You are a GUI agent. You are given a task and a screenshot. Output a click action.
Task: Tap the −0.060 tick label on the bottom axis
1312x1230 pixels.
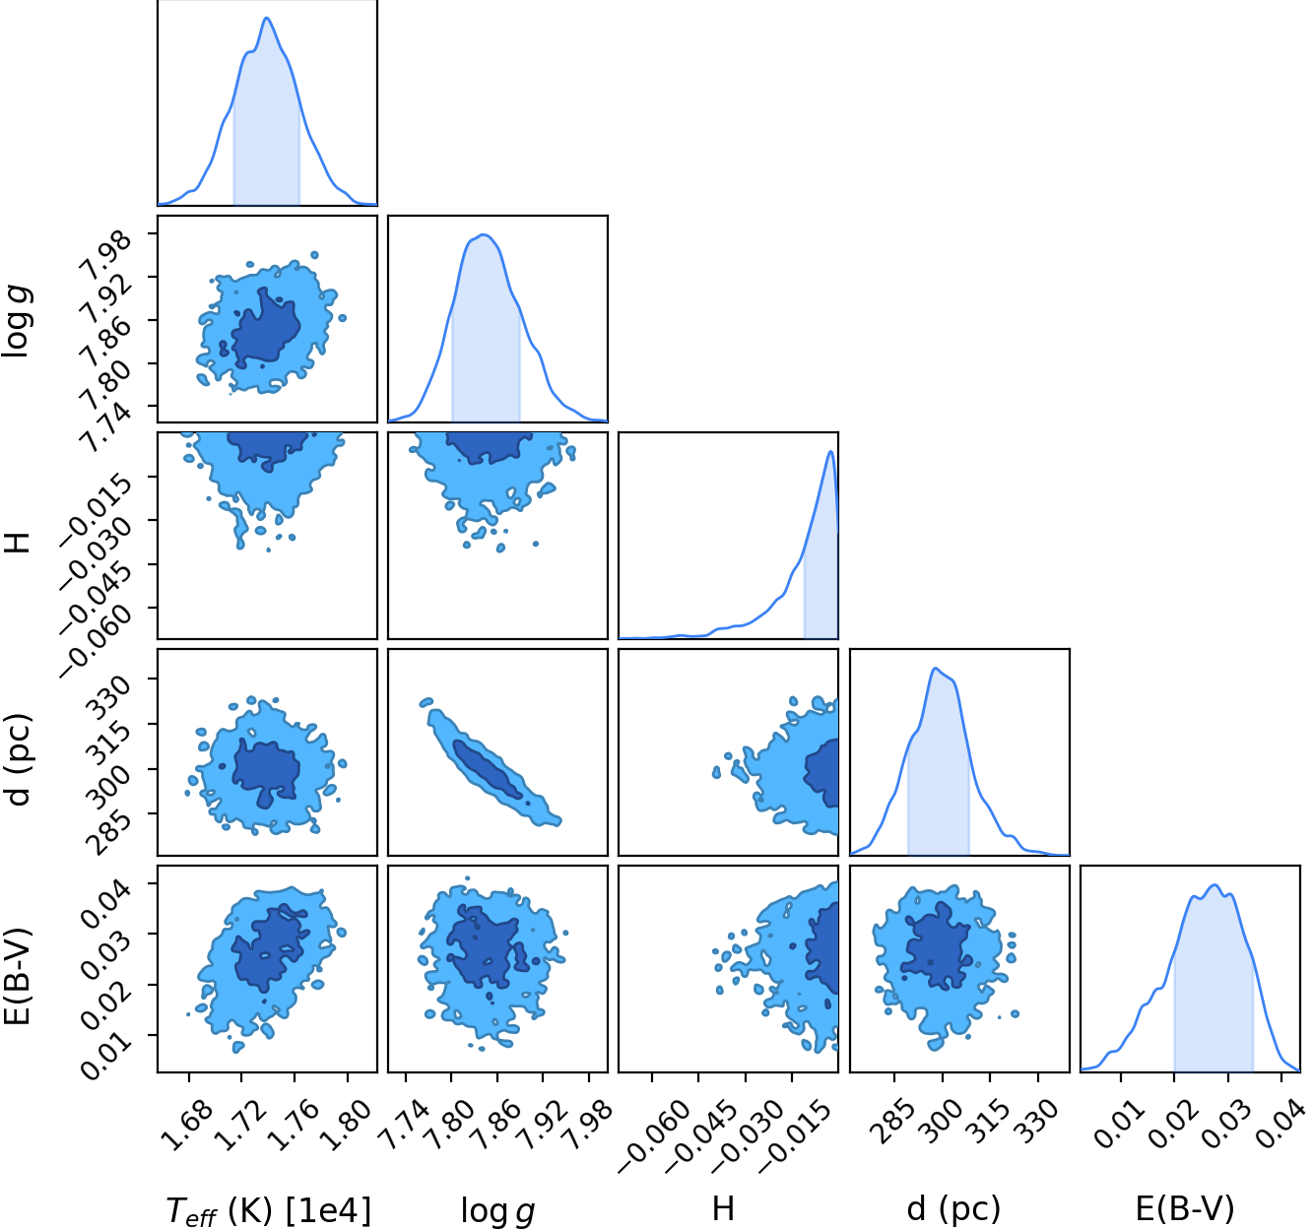(x=653, y=1137)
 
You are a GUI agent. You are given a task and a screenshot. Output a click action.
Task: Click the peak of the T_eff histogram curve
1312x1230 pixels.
(x=267, y=18)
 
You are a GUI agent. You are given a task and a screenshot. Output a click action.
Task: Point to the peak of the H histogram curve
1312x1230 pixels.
(x=831, y=451)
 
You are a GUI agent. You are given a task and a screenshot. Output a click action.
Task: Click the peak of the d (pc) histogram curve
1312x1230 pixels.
(x=935, y=668)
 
